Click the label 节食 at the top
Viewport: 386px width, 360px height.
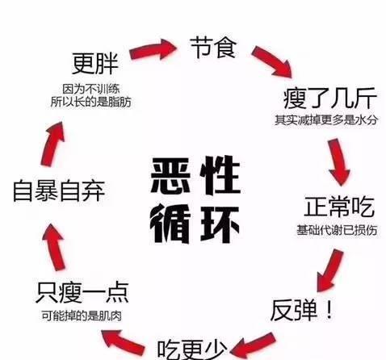213,48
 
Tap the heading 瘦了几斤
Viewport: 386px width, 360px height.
330,98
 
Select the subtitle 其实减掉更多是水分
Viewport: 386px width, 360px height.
326,120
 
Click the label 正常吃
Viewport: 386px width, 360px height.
339,207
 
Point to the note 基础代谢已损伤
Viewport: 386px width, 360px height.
337,230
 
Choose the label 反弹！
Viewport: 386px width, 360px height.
302,310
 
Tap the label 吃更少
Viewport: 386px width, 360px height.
192,350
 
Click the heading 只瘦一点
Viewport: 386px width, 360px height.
82,292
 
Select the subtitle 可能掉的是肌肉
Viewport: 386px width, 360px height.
82,316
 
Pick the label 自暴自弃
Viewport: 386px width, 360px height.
59,190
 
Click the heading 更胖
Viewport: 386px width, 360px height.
95,64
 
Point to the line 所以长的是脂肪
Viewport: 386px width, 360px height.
91,102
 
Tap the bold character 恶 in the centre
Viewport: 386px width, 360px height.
170,175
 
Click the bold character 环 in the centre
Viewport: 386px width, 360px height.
220,224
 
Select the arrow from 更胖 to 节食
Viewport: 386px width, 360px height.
153,50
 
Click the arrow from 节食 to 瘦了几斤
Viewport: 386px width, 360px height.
273,61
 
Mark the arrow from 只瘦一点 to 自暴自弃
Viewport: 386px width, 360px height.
54,246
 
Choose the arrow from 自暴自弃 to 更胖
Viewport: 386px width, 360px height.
53,144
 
